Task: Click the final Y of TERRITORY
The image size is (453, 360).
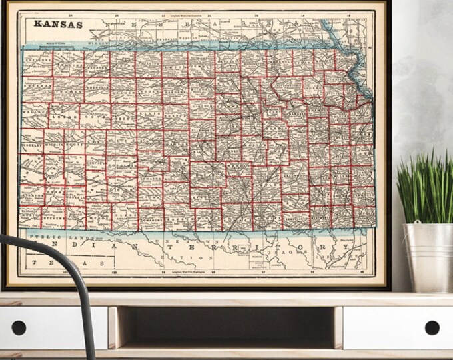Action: click(346, 246)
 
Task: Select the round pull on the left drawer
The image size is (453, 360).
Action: click(19, 327)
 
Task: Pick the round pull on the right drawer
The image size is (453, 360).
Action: click(432, 327)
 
